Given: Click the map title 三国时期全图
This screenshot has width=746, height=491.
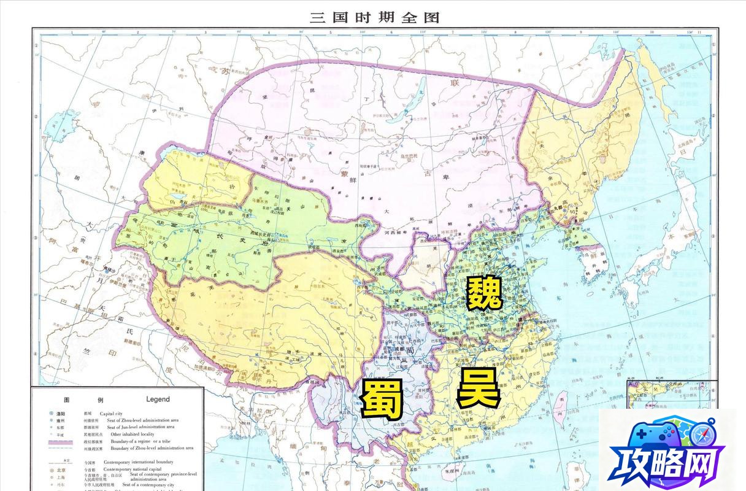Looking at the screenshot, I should (x=375, y=17).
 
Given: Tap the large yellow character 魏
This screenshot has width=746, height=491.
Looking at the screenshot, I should (x=484, y=293).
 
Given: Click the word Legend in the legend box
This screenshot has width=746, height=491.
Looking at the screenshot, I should (x=158, y=399).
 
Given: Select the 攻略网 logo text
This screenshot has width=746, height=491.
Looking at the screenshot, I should (x=666, y=468).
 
